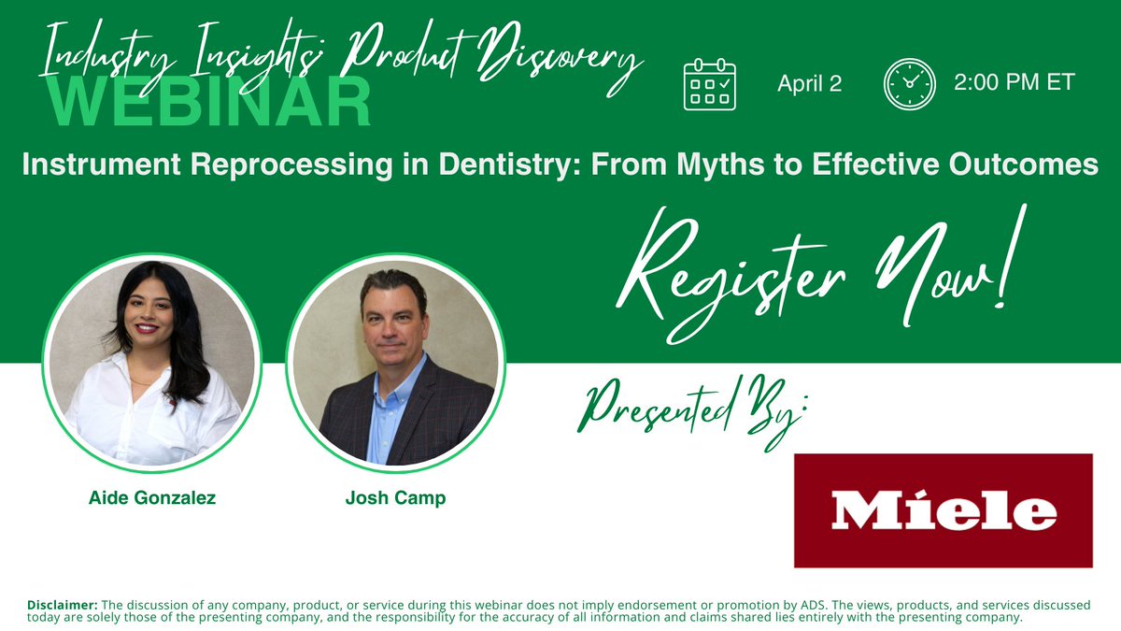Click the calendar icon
[710, 85]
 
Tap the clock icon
[909, 85]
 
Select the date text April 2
[809, 84]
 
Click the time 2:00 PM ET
[1014, 82]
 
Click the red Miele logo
[943, 510]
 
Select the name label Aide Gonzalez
[152, 498]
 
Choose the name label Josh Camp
[395, 498]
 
